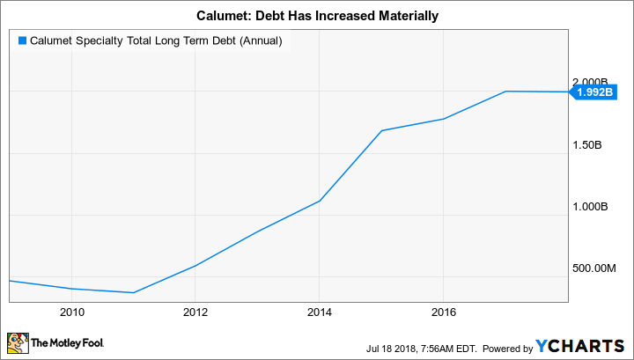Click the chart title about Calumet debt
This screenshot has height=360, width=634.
coord(317,16)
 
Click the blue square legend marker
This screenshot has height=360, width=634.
coord(22,40)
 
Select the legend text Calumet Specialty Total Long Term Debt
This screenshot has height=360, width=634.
coord(155,40)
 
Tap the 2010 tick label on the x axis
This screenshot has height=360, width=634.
coord(71,312)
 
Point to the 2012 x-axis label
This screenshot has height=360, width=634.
coord(195,312)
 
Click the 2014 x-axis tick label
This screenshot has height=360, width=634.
coord(320,312)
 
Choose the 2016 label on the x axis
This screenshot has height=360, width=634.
coord(443,312)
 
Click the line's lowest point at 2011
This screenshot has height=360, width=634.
coord(133,292)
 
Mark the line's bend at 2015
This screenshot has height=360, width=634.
coord(381,130)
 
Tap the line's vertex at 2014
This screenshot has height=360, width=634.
coord(320,201)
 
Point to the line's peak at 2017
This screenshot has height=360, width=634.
coord(505,91)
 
